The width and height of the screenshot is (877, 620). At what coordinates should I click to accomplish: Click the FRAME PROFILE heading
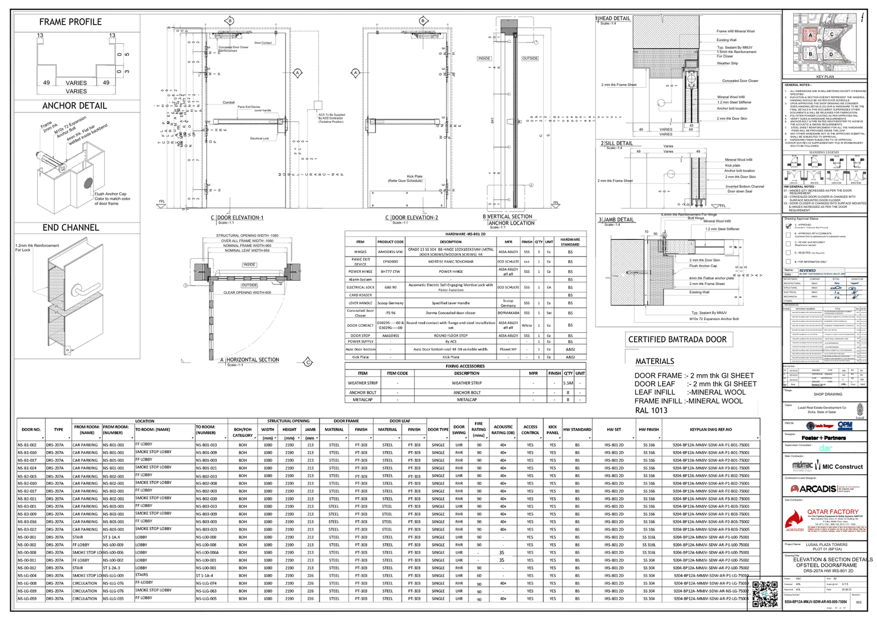[x=70, y=22]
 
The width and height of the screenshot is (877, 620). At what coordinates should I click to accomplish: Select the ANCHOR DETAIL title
[x=75, y=106]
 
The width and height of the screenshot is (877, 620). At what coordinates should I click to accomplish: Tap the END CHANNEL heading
[x=71, y=227]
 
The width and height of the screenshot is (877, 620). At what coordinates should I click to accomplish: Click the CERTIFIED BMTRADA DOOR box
[x=677, y=339]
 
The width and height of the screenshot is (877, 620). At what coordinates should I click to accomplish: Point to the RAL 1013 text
[x=651, y=410]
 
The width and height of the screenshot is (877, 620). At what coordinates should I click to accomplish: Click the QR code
[x=765, y=593]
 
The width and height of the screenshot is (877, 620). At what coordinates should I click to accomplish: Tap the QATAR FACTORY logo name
[x=833, y=511]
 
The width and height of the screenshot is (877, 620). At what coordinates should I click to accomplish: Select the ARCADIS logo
[x=817, y=488]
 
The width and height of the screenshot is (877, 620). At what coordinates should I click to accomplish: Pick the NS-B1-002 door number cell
[x=27, y=445]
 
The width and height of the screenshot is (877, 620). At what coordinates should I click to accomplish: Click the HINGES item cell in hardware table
[x=360, y=252]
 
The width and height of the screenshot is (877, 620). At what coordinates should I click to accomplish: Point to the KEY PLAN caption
[x=824, y=77]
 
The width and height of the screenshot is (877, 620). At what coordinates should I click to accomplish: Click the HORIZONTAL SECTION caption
[x=253, y=360]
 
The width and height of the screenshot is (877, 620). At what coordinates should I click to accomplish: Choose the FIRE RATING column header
[x=479, y=430]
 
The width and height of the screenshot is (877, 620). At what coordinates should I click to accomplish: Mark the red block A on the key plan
[x=810, y=35]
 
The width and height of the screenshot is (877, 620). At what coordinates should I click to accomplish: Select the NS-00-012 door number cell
[x=27, y=568]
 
